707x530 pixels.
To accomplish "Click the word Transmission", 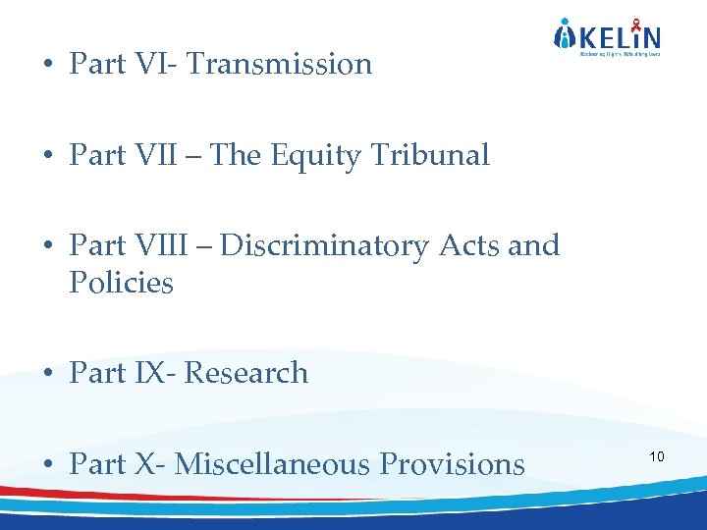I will pos(279,65).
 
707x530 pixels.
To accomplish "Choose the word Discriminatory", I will pos(325,246).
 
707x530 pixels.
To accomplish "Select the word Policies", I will pos(121,284).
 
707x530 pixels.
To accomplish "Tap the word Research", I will pos(246,374).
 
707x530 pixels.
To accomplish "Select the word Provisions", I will pos(453,464).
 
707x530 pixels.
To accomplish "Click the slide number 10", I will pos(657,457).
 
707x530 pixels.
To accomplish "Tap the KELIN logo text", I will pos(618,38).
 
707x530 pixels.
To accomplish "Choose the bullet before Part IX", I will pos(47,375).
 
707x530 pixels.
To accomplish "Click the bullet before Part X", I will pos(47,465).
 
